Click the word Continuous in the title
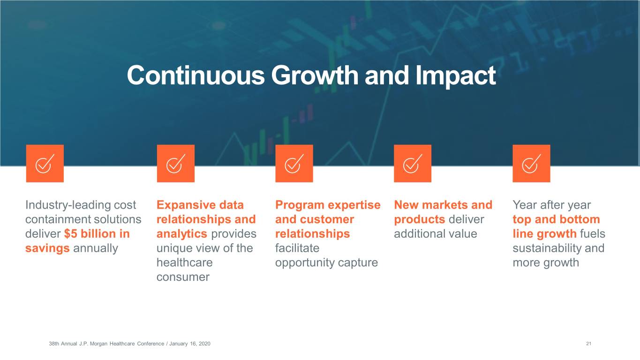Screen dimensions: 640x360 click(196, 75)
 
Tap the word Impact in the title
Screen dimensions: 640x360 click(456, 76)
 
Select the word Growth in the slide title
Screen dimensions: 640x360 click(315, 75)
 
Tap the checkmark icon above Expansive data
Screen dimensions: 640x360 click(176, 164)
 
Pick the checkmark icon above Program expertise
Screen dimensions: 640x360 click(294, 164)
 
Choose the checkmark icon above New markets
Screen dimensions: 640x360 click(413, 164)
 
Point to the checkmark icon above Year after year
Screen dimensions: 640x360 click(531, 164)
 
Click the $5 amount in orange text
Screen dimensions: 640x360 click(70, 234)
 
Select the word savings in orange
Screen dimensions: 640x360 click(47, 248)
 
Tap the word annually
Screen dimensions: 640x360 click(96, 248)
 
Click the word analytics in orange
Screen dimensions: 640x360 click(182, 234)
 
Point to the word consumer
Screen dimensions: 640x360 click(183, 277)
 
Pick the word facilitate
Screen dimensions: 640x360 click(297, 248)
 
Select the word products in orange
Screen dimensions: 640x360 click(420, 220)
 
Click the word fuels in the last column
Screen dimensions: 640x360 click(593, 234)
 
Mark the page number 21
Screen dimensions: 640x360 click(588, 344)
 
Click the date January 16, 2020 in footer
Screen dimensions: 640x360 click(190, 344)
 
